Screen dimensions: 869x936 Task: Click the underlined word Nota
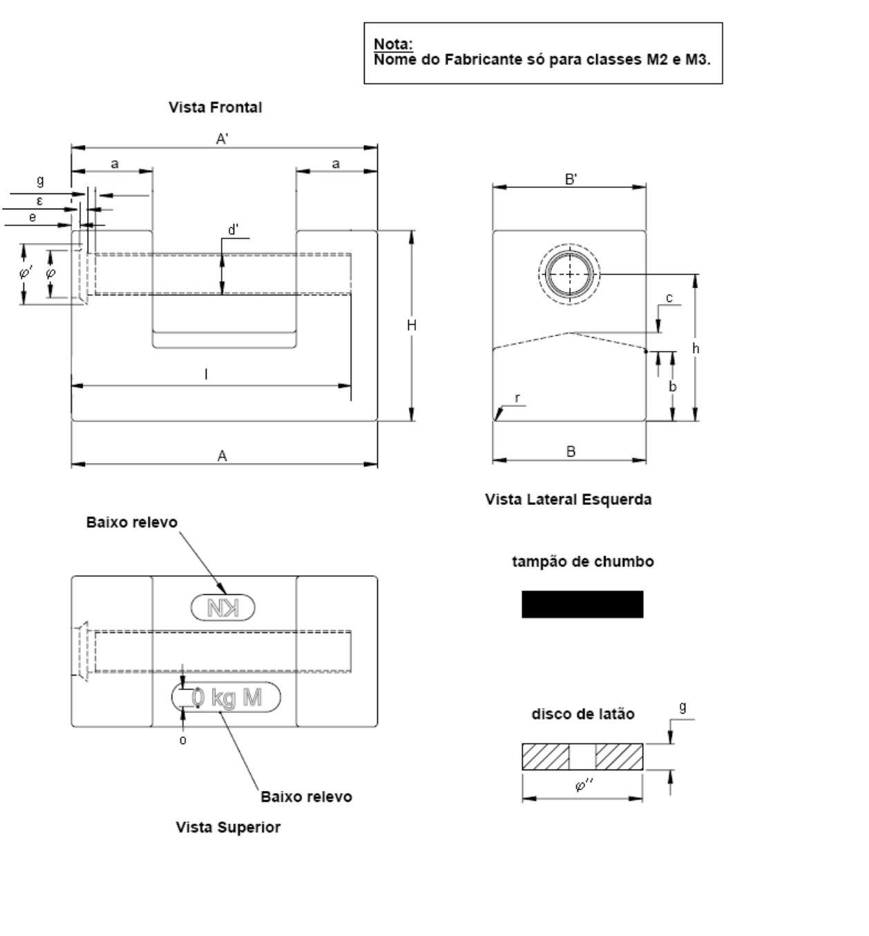pyautogui.click(x=393, y=44)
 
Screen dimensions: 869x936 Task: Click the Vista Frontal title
pyautogui.click(x=216, y=108)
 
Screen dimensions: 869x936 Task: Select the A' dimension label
pyautogui.click(x=222, y=139)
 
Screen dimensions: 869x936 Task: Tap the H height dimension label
pyautogui.click(x=412, y=325)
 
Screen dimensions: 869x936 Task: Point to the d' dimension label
pyautogui.click(x=233, y=229)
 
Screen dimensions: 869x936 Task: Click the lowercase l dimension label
pyautogui.click(x=206, y=374)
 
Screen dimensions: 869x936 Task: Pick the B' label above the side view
pyautogui.click(x=571, y=179)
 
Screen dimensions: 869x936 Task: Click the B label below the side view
pyautogui.click(x=571, y=452)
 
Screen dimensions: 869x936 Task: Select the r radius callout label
pyautogui.click(x=517, y=399)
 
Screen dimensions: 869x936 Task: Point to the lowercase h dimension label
pyautogui.click(x=696, y=348)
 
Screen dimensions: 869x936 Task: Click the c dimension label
pyautogui.click(x=669, y=298)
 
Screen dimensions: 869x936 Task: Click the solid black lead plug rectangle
pyautogui.click(x=582, y=604)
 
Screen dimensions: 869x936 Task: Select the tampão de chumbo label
pyautogui.click(x=583, y=562)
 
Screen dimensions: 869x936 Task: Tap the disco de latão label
pyautogui.click(x=583, y=714)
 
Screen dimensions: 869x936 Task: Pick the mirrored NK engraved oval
pyautogui.click(x=223, y=607)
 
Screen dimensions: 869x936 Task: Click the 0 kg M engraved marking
pyautogui.click(x=227, y=697)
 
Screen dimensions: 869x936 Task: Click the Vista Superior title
pyautogui.click(x=228, y=827)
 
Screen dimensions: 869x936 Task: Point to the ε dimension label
pyautogui.click(x=39, y=201)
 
